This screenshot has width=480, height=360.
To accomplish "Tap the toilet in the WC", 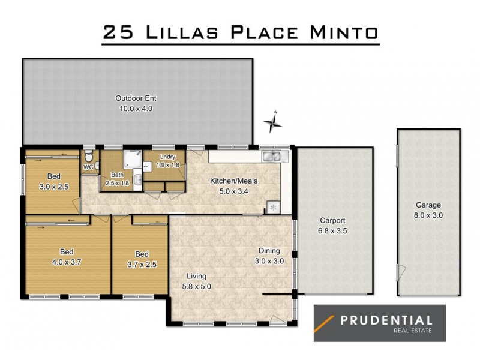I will point(89,155).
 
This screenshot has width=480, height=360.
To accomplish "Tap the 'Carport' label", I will point(331,220).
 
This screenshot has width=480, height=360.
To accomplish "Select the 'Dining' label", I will point(269,251).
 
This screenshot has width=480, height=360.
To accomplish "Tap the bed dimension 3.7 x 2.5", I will point(142,263).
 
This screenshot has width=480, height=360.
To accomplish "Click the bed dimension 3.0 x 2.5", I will point(53,187).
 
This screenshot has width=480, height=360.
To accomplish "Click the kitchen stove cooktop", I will point(273,208).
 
